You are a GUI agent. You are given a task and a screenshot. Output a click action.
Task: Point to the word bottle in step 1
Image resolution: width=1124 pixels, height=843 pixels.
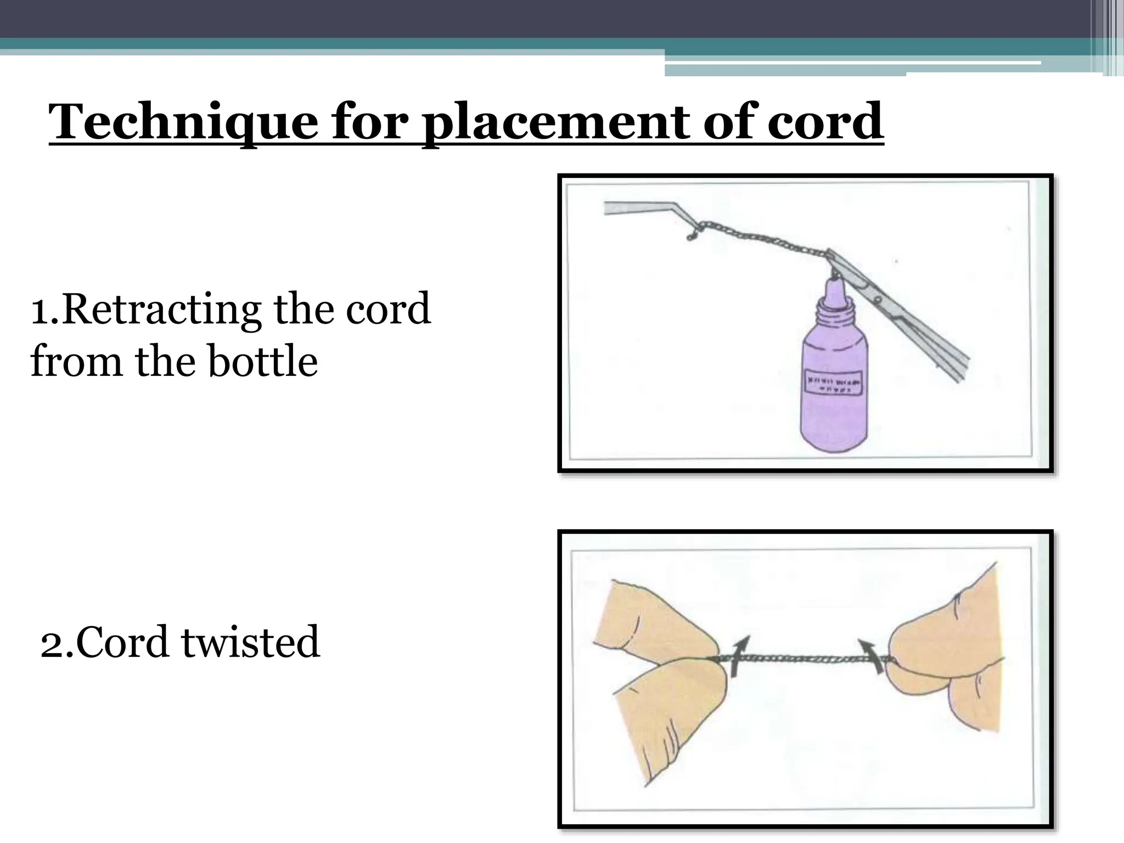tap(263, 362)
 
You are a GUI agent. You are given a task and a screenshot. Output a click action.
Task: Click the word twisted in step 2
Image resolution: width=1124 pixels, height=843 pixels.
tap(250, 642)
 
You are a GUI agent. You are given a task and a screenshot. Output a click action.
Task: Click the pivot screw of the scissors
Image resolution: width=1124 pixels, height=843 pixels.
tap(878, 300)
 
